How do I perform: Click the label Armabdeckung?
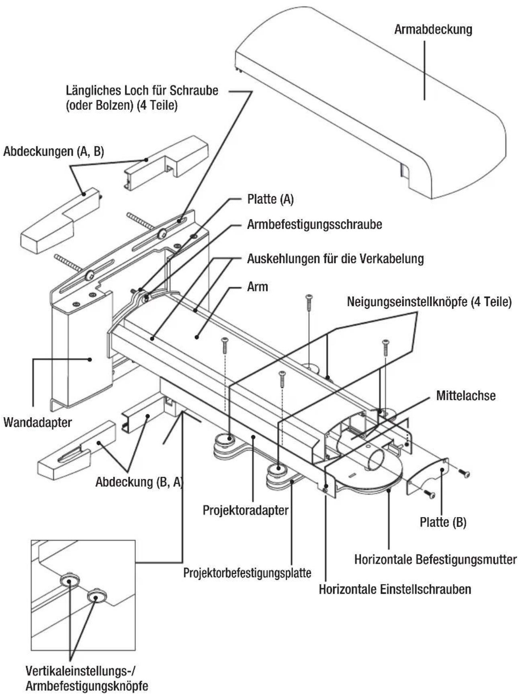(x=433, y=30)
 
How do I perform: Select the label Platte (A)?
(x=270, y=199)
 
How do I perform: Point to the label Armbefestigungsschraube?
(x=314, y=224)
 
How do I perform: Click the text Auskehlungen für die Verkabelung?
(x=335, y=259)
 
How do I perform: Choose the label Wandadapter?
(x=38, y=423)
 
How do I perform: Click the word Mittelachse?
(x=465, y=396)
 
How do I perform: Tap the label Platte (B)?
(x=443, y=522)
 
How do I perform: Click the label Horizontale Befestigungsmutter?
(x=435, y=559)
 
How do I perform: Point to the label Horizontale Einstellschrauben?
(x=395, y=589)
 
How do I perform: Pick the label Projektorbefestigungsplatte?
(x=247, y=573)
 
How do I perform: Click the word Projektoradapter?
(x=246, y=510)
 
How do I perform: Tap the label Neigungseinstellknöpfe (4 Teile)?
(x=429, y=302)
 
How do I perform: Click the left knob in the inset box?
(x=70, y=581)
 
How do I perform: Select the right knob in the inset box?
(x=96, y=595)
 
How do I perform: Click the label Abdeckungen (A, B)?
(x=53, y=152)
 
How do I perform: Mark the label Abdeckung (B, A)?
(x=139, y=482)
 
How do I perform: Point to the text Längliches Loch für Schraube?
(x=142, y=90)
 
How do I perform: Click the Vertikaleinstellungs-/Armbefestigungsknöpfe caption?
(x=86, y=678)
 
